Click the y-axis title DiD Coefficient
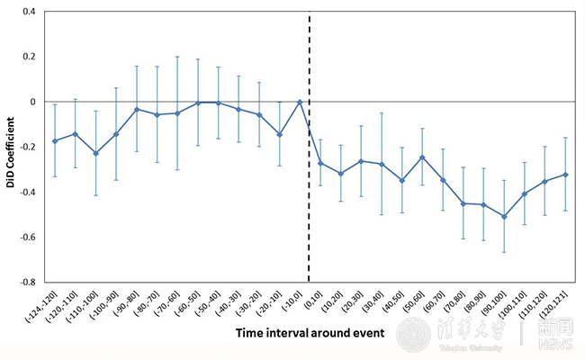pyautogui.click(x=9, y=148)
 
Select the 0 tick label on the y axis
pyautogui.click(x=31, y=102)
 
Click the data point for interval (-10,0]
pyautogui.click(x=300, y=102)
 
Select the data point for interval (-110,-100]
pyautogui.click(x=95, y=153)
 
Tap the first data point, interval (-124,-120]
pyautogui.click(x=55, y=140)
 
